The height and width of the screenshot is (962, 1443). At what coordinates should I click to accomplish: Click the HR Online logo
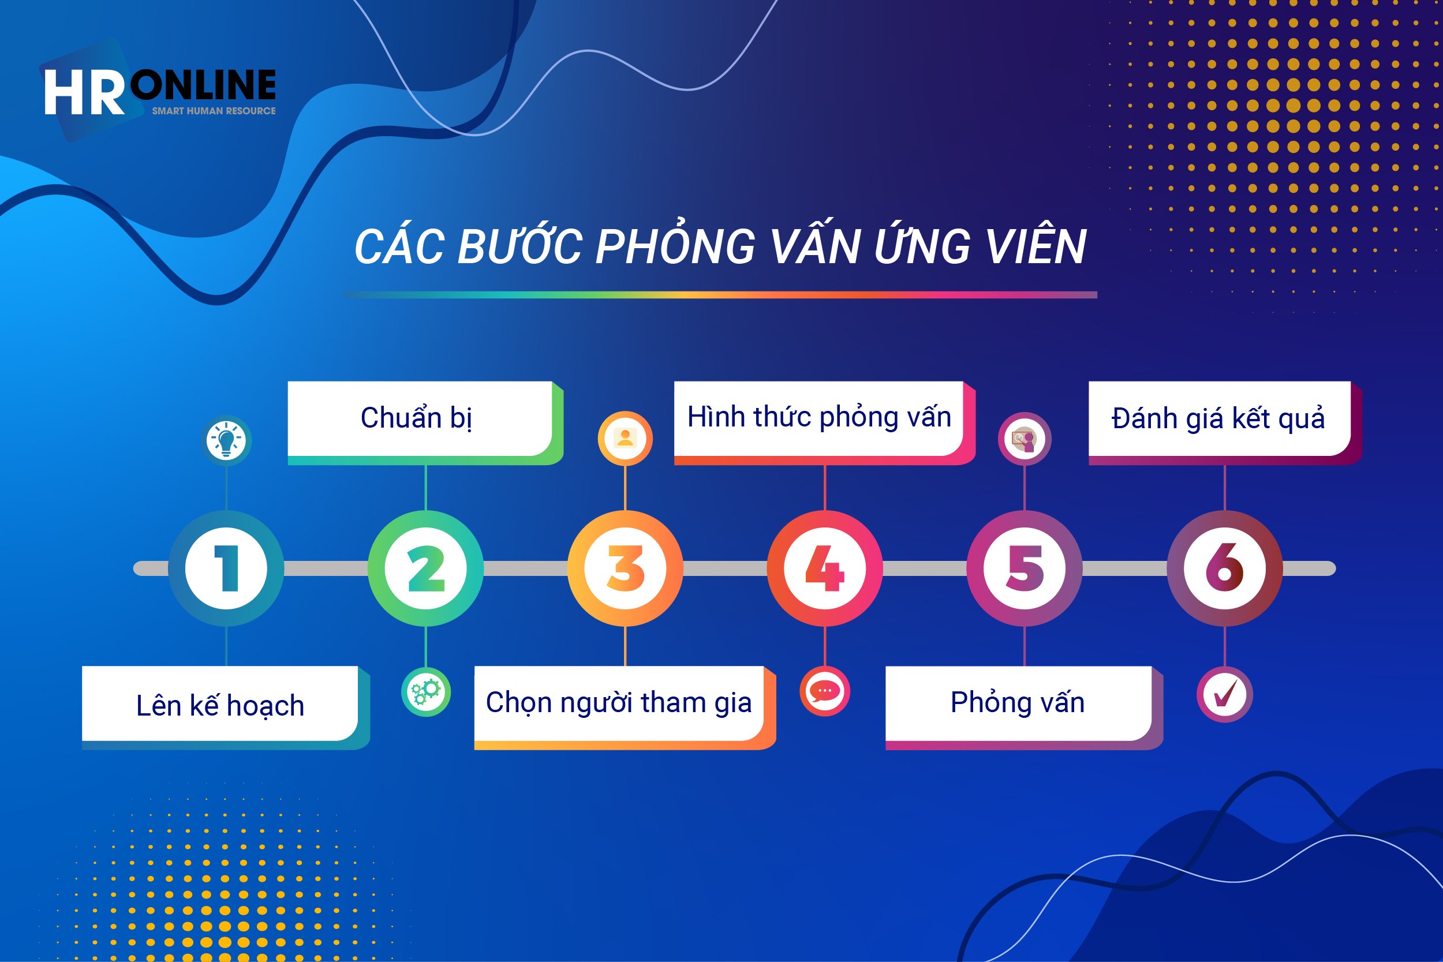coord(159,92)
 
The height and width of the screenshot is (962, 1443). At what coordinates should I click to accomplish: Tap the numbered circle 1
coord(226,568)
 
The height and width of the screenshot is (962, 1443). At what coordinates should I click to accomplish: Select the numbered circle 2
coord(426,568)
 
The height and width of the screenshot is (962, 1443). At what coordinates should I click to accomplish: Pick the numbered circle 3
coord(625,568)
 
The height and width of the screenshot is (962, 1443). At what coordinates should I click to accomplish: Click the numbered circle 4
coord(825,568)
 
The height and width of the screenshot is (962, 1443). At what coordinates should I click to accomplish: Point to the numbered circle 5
coord(1025,568)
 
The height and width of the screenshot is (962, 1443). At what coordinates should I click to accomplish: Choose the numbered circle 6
coord(1225,568)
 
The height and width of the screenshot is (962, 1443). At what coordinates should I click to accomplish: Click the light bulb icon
coord(226,440)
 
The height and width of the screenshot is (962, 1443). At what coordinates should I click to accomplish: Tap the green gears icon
coord(426,692)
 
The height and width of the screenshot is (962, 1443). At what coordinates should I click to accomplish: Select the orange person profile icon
coord(625,438)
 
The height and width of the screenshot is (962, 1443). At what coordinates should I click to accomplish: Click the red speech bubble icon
coord(825,691)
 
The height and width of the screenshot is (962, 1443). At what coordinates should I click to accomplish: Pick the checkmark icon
coord(1225,694)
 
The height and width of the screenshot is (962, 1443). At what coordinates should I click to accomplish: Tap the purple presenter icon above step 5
coord(1025,439)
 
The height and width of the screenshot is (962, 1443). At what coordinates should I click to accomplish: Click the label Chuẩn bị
coord(417,418)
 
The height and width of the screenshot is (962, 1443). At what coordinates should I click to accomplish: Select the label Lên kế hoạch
coord(220,706)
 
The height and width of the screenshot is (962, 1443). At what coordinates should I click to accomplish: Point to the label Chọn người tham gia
coord(618,703)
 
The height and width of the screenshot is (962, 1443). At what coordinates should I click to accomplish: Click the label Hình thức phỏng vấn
coord(819,417)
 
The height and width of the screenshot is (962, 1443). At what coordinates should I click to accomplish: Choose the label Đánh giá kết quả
coord(1218,418)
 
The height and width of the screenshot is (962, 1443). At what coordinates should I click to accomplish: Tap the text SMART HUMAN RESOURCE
coord(214,111)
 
